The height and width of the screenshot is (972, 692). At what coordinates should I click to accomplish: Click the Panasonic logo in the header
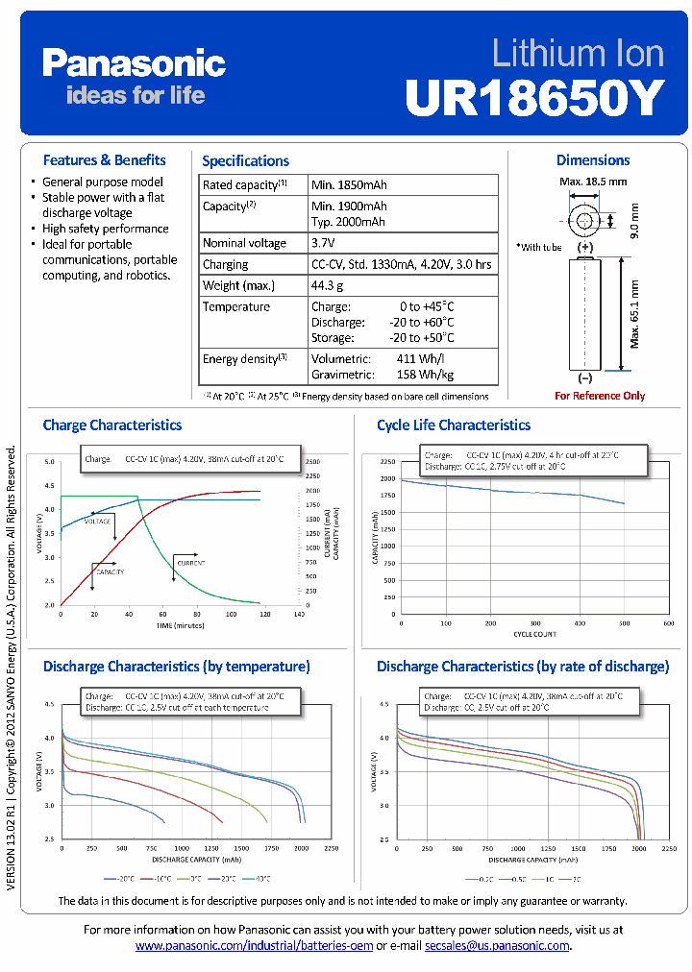(x=134, y=64)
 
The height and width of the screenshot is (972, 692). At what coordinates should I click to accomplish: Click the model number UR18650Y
(x=534, y=96)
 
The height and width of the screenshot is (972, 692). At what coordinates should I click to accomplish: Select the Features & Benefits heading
(x=104, y=160)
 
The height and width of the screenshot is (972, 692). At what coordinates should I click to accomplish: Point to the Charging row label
(x=225, y=264)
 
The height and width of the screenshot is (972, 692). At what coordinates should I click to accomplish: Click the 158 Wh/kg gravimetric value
(x=425, y=374)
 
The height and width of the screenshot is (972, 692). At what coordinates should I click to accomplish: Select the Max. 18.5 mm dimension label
(x=593, y=181)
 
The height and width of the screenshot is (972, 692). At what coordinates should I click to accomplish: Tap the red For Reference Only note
(x=600, y=396)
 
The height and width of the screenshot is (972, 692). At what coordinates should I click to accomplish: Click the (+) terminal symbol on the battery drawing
(x=585, y=247)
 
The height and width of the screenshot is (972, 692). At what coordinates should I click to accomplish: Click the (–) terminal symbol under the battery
(x=585, y=378)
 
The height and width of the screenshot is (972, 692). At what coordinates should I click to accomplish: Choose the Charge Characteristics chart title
(x=112, y=425)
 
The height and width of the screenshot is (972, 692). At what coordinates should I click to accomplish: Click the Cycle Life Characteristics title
(x=453, y=425)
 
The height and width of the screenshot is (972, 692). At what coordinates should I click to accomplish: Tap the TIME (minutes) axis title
(x=179, y=624)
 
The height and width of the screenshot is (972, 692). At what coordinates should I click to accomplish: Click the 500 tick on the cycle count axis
(x=625, y=623)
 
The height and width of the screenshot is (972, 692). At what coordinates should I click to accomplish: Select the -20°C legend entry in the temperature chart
(x=120, y=878)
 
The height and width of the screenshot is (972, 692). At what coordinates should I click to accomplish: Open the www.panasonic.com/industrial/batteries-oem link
(x=254, y=946)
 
